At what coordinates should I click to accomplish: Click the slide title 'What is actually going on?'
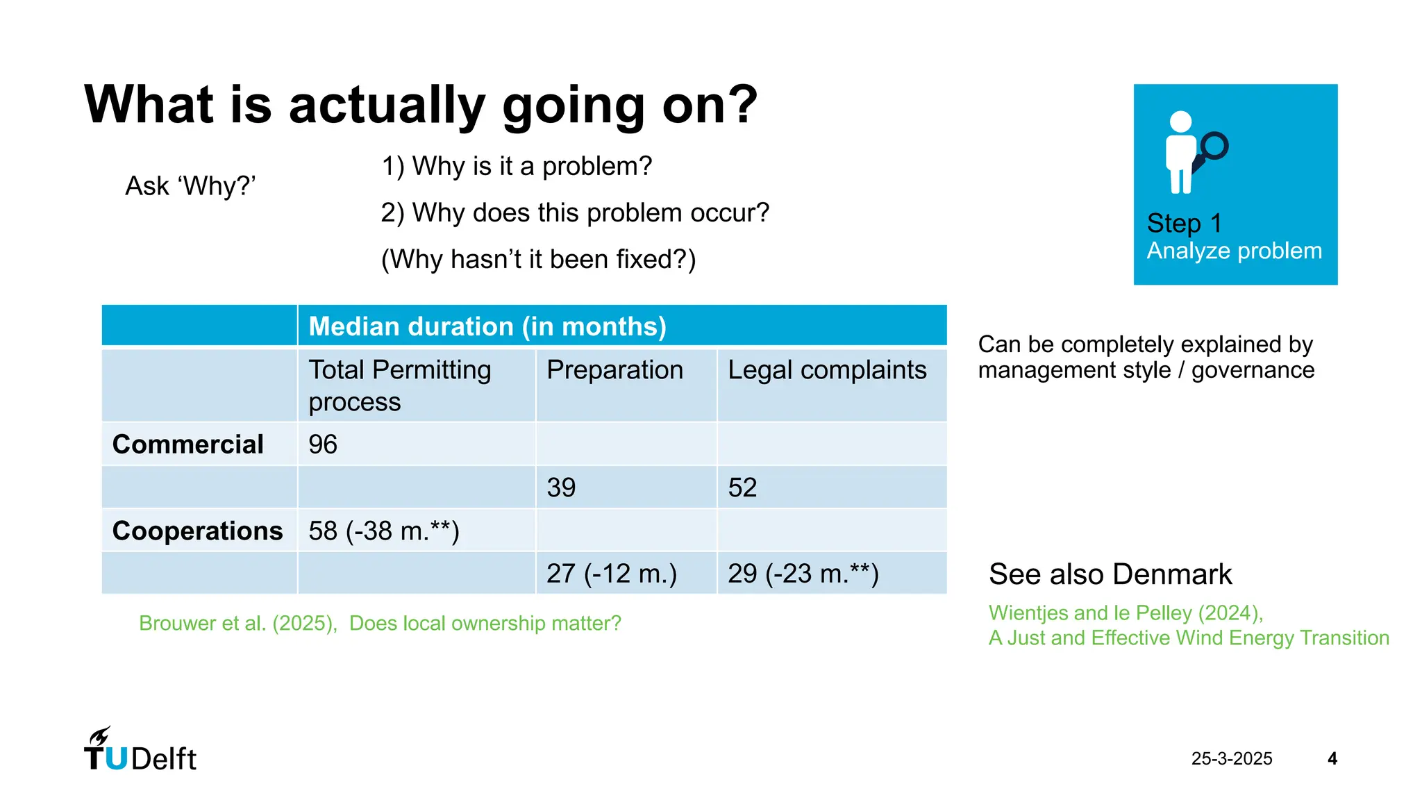pyautogui.click(x=421, y=105)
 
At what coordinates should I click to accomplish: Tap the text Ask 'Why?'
pyautogui.click(x=190, y=186)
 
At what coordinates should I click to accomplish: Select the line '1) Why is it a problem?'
pyautogui.click(x=517, y=167)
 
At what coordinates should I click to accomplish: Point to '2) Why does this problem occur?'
pyautogui.click(x=575, y=213)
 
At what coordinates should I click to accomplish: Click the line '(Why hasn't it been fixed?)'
pyautogui.click(x=538, y=260)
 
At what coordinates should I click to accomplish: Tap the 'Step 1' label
pyautogui.click(x=1184, y=224)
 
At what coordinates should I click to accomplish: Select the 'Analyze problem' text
pyautogui.click(x=1234, y=251)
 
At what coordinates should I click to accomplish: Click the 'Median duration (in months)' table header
pyautogui.click(x=487, y=326)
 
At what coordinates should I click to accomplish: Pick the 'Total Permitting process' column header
pyautogui.click(x=399, y=385)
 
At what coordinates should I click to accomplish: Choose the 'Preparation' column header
pyautogui.click(x=614, y=370)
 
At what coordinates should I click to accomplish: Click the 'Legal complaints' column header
pyautogui.click(x=826, y=370)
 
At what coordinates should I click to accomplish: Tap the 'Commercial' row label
pyautogui.click(x=187, y=444)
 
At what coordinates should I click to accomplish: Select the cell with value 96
pyautogui.click(x=323, y=444)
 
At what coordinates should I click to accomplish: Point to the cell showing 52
pyautogui.click(x=742, y=487)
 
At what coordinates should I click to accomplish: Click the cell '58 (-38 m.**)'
pyautogui.click(x=383, y=531)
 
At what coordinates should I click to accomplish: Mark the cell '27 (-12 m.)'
pyautogui.click(x=611, y=574)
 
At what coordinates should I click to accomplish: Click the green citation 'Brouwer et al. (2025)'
pyautogui.click(x=238, y=623)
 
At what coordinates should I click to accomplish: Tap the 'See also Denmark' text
pyautogui.click(x=1110, y=574)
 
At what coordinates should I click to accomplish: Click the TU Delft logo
pyautogui.click(x=140, y=751)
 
